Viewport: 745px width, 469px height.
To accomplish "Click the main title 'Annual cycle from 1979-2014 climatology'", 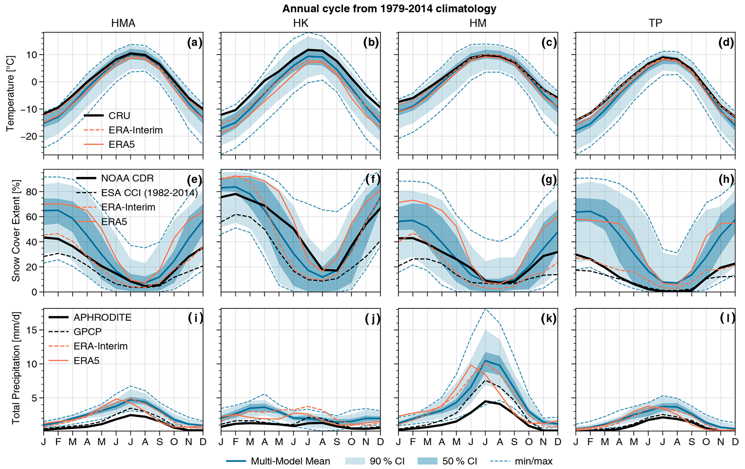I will click(389, 9).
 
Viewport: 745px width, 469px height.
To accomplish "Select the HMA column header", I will click(123, 23).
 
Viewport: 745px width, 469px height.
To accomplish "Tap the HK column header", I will click(301, 23).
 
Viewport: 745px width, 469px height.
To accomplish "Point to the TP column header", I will click(655, 23).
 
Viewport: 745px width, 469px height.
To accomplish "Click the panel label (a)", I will click(195, 43).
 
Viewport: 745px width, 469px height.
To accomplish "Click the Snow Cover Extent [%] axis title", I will click(16, 230).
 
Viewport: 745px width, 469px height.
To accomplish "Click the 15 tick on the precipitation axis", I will click(33, 330).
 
